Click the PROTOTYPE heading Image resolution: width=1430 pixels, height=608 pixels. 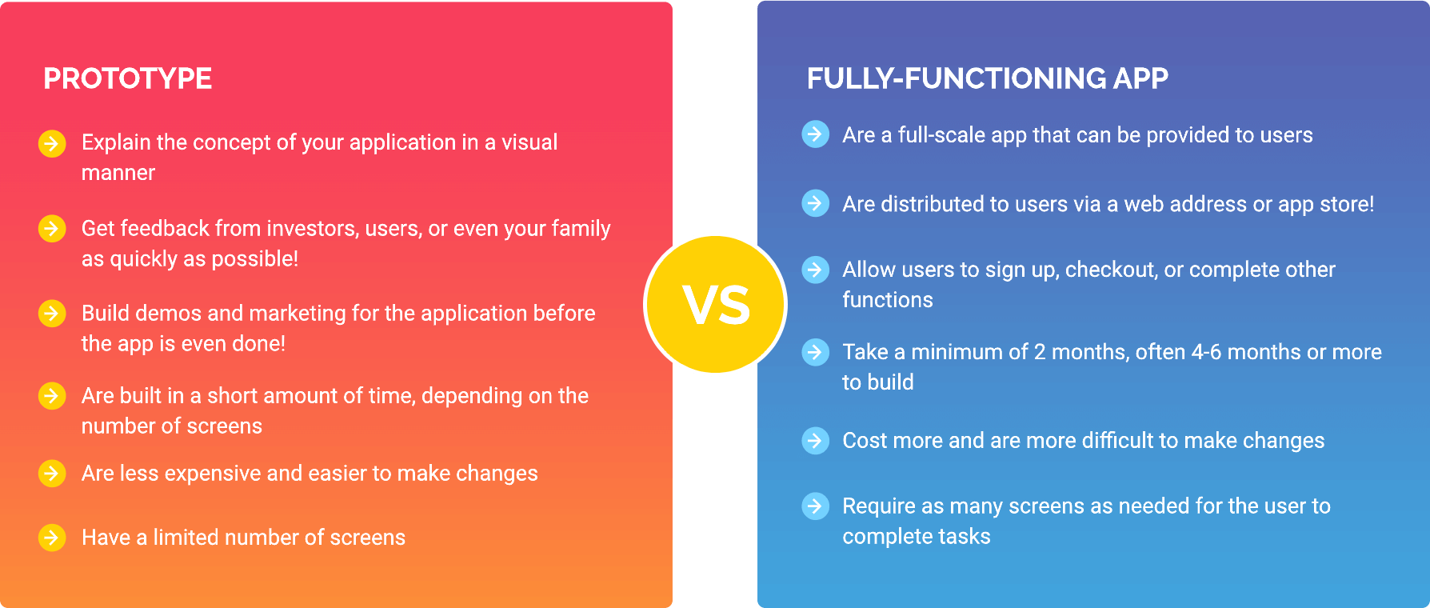tap(128, 78)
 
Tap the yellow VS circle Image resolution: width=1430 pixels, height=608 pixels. tap(716, 305)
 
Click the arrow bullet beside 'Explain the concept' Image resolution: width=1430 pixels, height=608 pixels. tap(52, 143)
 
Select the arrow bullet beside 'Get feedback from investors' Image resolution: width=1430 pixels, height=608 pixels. tap(52, 229)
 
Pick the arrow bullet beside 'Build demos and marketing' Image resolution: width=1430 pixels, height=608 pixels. tap(52, 313)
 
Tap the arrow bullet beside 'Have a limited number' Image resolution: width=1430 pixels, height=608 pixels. tap(52, 537)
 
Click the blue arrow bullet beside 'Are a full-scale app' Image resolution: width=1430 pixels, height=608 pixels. tap(815, 134)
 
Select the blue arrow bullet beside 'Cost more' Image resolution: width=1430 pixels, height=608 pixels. tap(815, 440)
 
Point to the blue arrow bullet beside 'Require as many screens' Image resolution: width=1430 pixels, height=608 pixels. tap(815, 506)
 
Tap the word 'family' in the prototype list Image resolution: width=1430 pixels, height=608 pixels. tap(581, 230)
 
